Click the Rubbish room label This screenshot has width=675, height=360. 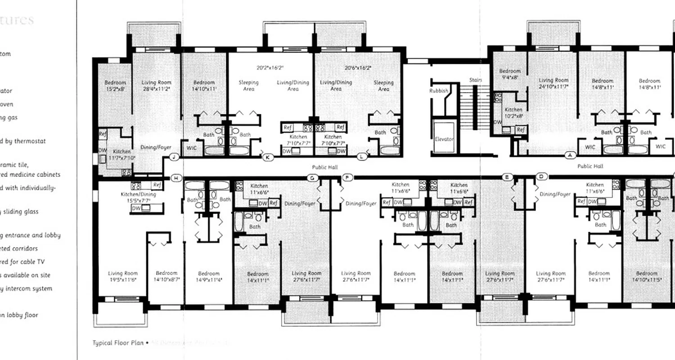coord(439,90)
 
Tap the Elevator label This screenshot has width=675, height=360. coord(444,139)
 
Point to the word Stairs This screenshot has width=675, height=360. coord(476,80)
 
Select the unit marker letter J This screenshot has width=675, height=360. coord(175,157)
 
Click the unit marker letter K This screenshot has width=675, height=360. coord(268,157)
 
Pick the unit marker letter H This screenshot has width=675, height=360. coord(176,178)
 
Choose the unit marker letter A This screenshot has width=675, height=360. coord(571,155)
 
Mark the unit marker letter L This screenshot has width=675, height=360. coord(362,157)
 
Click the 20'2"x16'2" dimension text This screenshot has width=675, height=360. coord(270,68)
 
